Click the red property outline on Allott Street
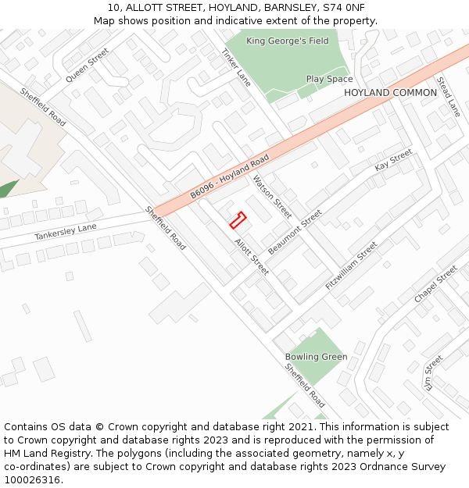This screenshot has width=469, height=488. tap(238, 220)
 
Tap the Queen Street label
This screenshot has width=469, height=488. tap(88, 65)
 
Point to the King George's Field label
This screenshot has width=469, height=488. tap(288, 41)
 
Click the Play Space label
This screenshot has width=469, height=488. tap(329, 79)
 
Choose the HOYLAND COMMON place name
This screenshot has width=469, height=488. tap(390, 93)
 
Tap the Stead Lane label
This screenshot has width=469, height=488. tap(449, 97)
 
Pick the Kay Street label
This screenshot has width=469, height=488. tap(393, 161)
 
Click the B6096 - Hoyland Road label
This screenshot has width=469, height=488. tap(230, 176)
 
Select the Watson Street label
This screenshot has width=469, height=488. tap(272, 196)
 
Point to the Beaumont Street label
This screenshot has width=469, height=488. tap(295, 232)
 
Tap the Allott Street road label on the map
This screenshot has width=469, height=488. tap(252, 256)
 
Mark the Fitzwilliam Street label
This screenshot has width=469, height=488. tap(351, 265)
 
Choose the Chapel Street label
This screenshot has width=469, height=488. tap(435, 285)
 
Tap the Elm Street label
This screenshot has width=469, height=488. tap(433, 372)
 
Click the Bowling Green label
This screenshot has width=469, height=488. tap(316, 357)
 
